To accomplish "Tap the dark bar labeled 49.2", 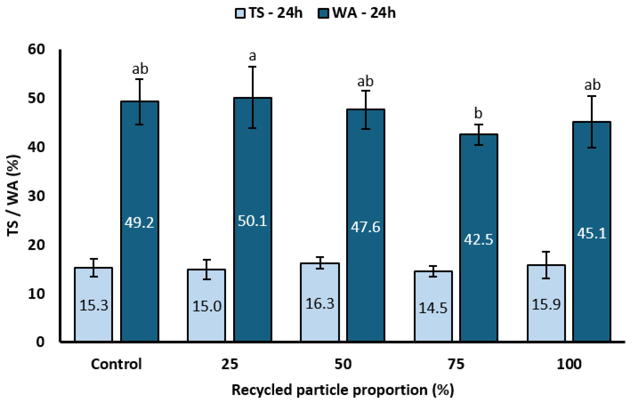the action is click(x=140, y=221).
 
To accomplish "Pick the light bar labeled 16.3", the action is click(x=320, y=302).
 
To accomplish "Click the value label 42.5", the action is click(x=479, y=239).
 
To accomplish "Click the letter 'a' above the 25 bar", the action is click(x=252, y=56).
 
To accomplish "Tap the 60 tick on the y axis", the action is click(x=36, y=49).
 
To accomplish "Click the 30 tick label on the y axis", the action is click(x=36, y=196).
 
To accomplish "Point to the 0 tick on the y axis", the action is click(x=40, y=342).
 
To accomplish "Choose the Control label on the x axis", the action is click(x=116, y=364).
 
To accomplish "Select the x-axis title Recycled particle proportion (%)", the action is click(x=343, y=390).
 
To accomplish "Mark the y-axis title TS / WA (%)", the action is click(x=13, y=196).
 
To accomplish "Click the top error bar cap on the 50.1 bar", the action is click(x=252, y=67).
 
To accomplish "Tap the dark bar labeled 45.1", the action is click(x=592, y=232).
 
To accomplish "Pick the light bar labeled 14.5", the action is click(x=433, y=306).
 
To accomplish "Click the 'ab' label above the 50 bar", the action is click(x=365, y=81).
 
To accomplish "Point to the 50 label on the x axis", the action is click(x=343, y=364).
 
